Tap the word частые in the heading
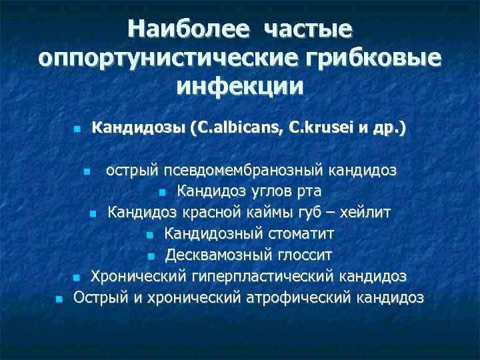click(307, 29)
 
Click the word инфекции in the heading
click(240, 86)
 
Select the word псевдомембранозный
click(241, 171)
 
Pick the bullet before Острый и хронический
click(59, 299)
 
